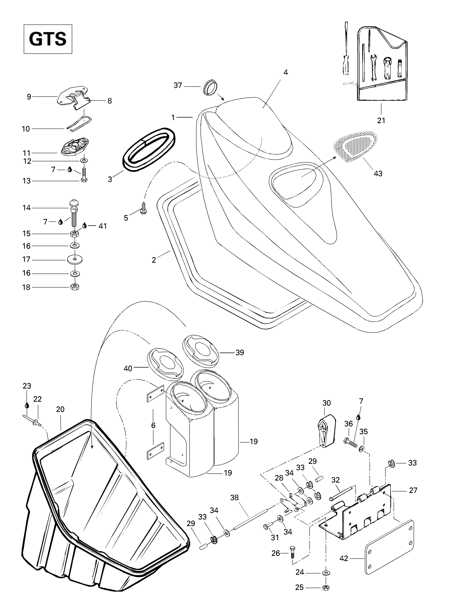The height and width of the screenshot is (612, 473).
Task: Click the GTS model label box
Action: [x=48, y=39]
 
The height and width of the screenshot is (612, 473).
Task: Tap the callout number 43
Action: [x=378, y=174]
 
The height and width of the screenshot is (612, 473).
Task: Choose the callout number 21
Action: [x=381, y=120]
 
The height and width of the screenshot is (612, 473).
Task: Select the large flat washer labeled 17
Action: [x=75, y=260]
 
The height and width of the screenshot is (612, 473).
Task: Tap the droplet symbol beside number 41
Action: [x=85, y=226]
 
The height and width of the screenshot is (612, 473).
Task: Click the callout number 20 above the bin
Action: [x=60, y=409]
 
